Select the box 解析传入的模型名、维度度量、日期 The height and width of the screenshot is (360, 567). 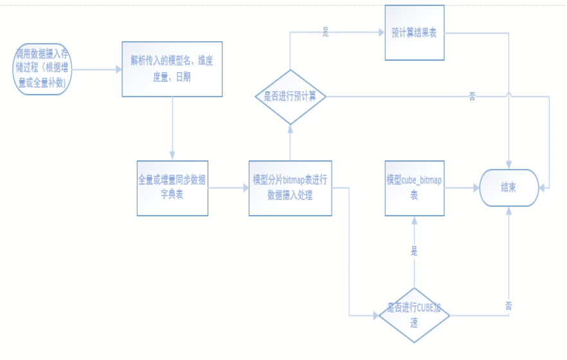click(172, 69)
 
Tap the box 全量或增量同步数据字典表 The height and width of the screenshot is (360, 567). click(172, 188)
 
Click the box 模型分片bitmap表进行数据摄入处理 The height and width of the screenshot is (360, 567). click(290, 188)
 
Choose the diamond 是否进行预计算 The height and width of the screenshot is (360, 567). click(291, 96)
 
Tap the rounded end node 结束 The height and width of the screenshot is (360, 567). click(509, 188)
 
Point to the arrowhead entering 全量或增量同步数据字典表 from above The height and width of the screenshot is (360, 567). click(172, 157)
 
